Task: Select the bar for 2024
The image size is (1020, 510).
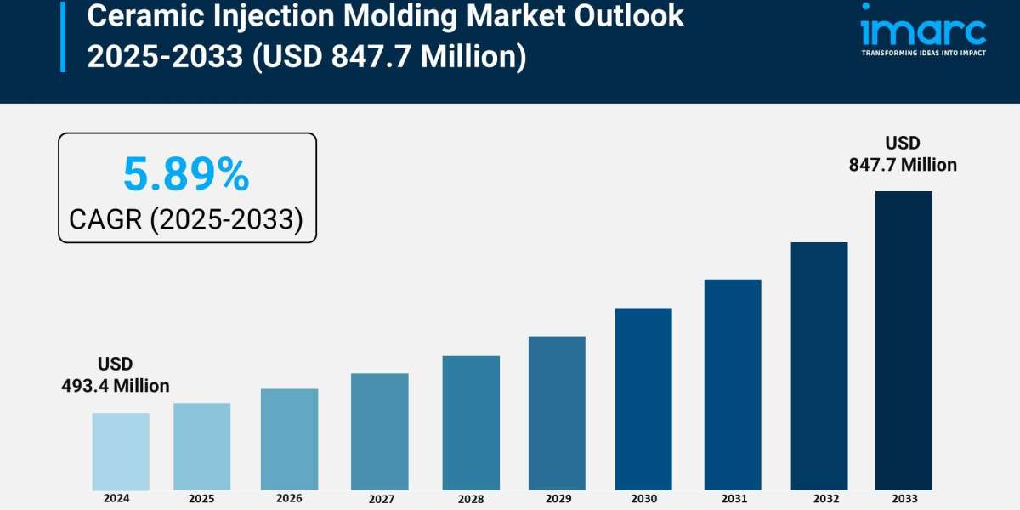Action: point(121,451)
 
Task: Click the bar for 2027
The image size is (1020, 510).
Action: point(379,432)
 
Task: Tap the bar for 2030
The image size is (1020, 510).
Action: point(643,399)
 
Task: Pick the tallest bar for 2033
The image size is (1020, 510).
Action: point(904,340)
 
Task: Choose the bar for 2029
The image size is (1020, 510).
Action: point(557,413)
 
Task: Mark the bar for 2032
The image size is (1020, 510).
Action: point(819,365)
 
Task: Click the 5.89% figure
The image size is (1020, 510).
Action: point(186,175)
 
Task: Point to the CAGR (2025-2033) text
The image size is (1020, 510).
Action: point(186,219)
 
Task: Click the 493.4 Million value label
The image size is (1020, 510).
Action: point(116,386)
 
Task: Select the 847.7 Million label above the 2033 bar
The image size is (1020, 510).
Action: point(903,165)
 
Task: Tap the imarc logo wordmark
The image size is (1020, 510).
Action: point(922,31)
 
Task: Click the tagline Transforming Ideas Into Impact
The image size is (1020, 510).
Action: point(923,53)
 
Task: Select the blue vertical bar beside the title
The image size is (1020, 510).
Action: point(63,36)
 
